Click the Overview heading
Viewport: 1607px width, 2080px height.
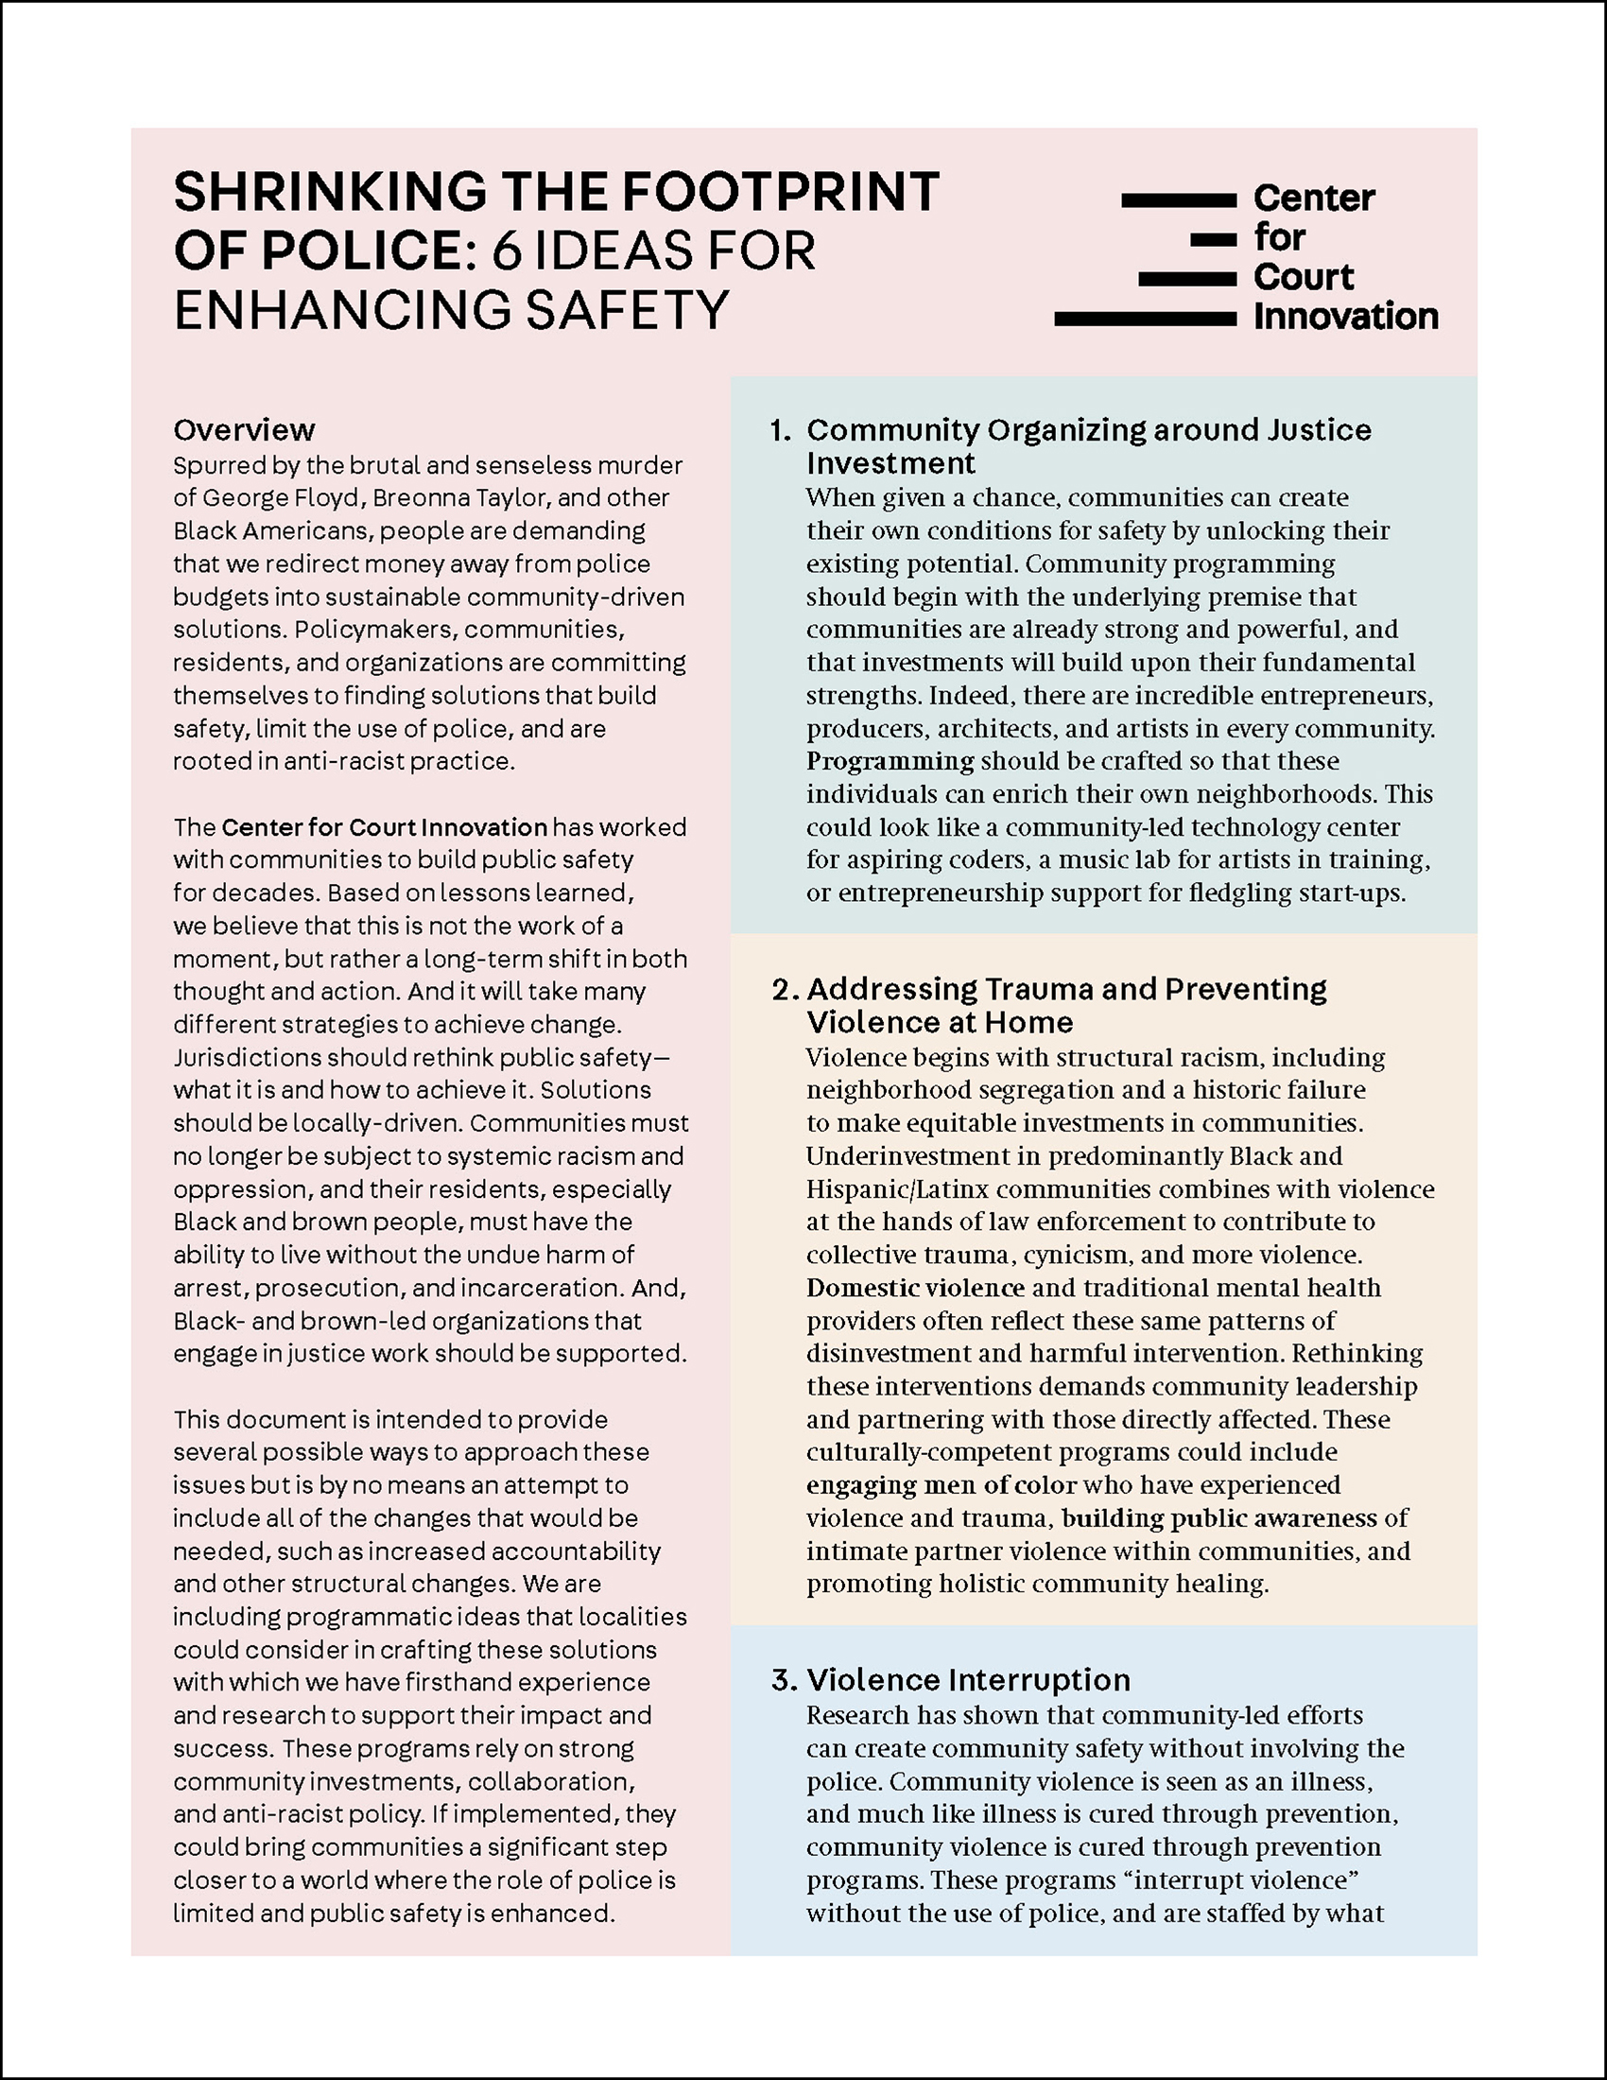[x=244, y=430]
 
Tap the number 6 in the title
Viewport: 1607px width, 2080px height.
[x=507, y=251]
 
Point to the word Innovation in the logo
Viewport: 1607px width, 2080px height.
[x=1345, y=316]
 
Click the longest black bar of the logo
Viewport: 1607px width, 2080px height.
[x=1146, y=319]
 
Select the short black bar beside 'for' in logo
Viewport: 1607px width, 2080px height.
[x=1214, y=240]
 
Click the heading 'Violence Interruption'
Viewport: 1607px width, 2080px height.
[x=968, y=1679]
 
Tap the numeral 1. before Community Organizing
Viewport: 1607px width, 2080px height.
[x=781, y=430]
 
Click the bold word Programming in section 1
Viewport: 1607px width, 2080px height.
[x=890, y=761]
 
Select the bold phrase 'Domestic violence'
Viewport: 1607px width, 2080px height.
[x=915, y=1288]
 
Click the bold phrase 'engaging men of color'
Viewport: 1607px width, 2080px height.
[x=941, y=1484]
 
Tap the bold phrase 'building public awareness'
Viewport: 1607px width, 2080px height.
[x=1218, y=1518]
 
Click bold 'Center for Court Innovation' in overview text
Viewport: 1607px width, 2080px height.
[x=385, y=826]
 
